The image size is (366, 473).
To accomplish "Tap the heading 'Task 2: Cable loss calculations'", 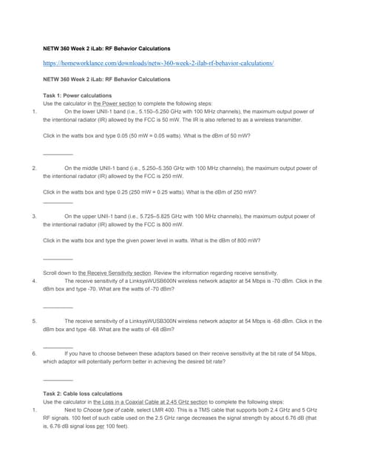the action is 84,393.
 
